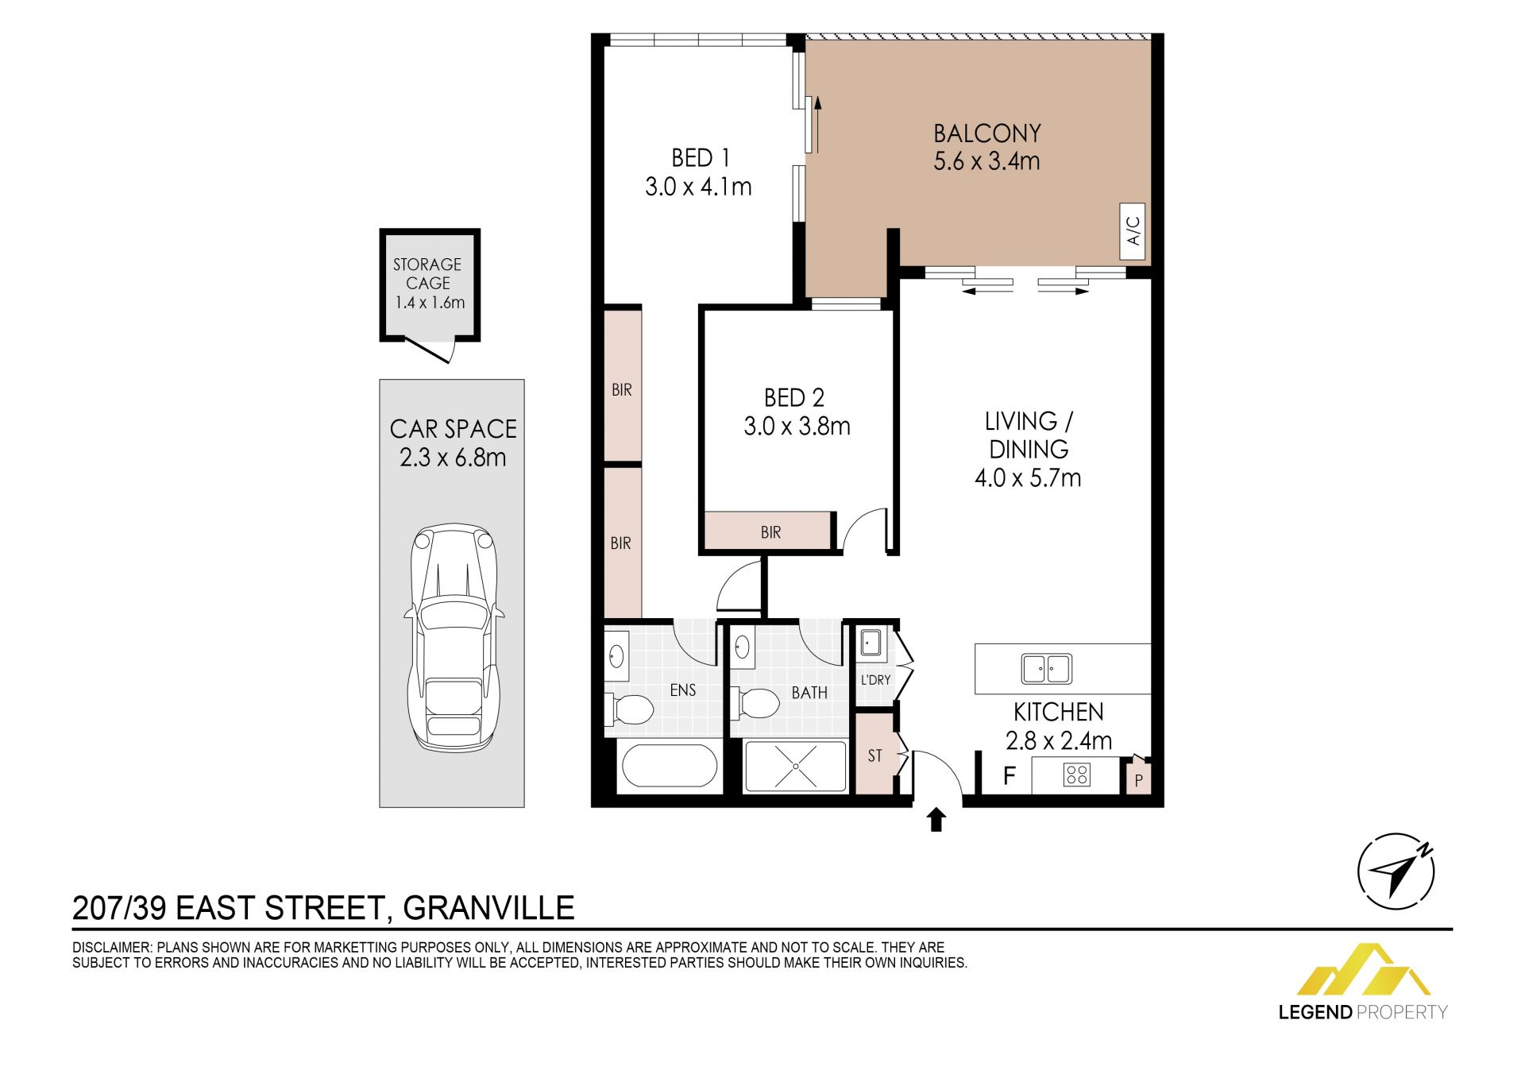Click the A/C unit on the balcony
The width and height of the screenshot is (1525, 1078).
(1133, 231)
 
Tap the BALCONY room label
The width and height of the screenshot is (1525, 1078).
(987, 133)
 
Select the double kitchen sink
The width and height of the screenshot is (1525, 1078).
(1047, 669)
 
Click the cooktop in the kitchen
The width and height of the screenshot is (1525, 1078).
(1077, 775)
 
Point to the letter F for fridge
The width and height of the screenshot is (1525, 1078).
(1010, 775)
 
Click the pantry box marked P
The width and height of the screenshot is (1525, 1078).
(1138, 778)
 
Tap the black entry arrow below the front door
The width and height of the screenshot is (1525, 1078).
(936, 820)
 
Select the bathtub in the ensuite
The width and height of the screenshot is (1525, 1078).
(670, 767)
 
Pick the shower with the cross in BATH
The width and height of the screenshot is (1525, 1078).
(796, 766)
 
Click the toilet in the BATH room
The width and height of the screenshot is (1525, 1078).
(755, 703)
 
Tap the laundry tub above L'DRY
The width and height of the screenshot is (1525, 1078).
(871, 644)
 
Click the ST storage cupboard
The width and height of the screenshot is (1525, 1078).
(874, 755)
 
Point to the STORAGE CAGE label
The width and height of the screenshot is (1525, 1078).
(428, 273)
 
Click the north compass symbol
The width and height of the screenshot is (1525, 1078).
(1396, 871)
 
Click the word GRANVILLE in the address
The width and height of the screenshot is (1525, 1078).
(488, 908)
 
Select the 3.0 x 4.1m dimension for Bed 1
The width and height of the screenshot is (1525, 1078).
(698, 187)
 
